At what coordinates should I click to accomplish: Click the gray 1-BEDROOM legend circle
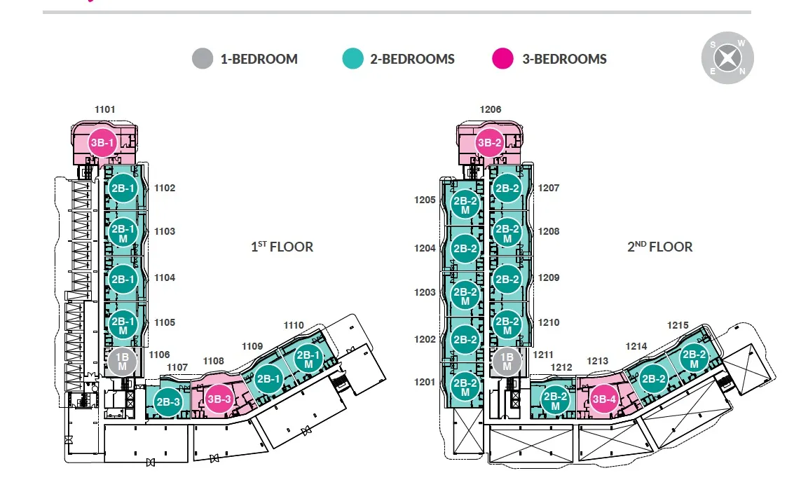(203, 59)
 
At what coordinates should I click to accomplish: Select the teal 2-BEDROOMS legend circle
(352, 59)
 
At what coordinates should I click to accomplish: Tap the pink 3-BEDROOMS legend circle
(502, 59)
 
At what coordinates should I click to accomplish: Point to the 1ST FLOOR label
(282, 247)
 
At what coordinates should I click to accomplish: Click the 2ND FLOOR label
(659, 247)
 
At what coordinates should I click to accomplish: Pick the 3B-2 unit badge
(490, 142)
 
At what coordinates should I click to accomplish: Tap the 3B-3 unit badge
(219, 399)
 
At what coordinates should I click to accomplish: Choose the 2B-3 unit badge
(168, 402)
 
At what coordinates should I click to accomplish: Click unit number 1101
(104, 109)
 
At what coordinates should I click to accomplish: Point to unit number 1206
(491, 109)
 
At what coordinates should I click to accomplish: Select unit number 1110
(294, 325)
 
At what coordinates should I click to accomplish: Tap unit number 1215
(678, 325)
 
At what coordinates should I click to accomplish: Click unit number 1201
(425, 383)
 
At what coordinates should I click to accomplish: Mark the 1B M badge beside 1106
(122, 361)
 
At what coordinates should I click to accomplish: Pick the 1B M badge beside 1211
(506, 362)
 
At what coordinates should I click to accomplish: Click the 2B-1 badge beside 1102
(123, 188)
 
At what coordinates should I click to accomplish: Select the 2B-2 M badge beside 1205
(465, 204)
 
